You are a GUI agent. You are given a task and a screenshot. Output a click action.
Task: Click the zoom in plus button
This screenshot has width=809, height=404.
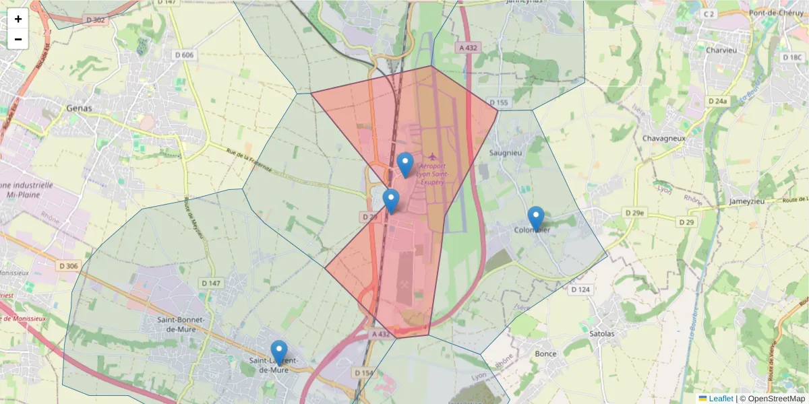18,19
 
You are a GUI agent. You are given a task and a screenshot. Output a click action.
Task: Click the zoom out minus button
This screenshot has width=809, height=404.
18,39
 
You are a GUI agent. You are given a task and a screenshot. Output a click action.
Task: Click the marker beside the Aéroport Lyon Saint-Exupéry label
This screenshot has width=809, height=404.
405,164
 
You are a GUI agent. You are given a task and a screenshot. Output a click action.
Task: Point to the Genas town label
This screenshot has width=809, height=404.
80,108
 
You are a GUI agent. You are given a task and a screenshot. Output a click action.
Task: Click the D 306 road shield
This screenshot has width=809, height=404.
68,266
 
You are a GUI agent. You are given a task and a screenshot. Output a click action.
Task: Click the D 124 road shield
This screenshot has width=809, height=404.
580,290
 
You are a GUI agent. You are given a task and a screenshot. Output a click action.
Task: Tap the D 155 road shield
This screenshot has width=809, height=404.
499,102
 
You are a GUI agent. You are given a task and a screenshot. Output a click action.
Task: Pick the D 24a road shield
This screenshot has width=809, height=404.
718,101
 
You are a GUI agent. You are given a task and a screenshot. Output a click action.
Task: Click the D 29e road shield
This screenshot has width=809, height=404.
633,213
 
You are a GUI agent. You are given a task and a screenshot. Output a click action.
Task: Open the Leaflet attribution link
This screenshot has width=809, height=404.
721,399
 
